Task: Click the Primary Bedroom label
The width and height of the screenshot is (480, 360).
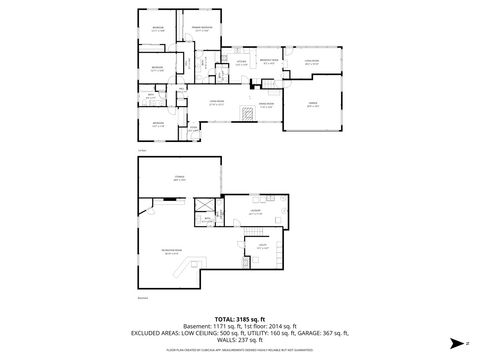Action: (202, 29)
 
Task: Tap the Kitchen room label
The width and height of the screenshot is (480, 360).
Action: (240, 61)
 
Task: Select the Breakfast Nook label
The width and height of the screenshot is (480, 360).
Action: (269, 61)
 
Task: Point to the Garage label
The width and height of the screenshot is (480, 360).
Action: (313, 107)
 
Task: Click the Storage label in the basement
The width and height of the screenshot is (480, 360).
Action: (180, 179)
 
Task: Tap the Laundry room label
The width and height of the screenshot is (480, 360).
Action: (255, 211)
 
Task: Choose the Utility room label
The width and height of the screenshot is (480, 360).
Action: (262, 246)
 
